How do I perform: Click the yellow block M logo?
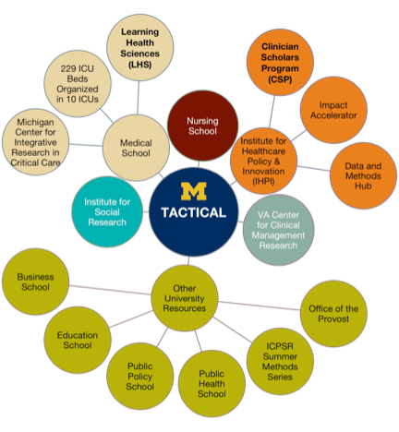[193, 191]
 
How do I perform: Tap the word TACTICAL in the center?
[194, 212]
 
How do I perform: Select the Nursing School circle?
[202, 126]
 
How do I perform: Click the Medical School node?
[136, 148]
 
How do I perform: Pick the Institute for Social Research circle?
[107, 211]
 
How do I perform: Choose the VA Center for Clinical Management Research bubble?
[278, 230]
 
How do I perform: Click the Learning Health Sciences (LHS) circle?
[139, 48]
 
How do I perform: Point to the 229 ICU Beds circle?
[78, 84]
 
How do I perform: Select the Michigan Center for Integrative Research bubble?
[35, 142]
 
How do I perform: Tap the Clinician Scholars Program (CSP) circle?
[280, 63]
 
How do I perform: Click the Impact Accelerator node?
[333, 110]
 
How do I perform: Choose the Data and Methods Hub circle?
[363, 175]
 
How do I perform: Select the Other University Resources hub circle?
[185, 298]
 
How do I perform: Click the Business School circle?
[35, 282]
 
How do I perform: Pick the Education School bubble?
[78, 340]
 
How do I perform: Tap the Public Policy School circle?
[140, 376]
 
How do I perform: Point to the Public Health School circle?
[212, 383]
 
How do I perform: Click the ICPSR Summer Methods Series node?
[280, 361]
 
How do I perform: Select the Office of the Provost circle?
[333, 314]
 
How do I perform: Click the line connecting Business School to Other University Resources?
[110, 290]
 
